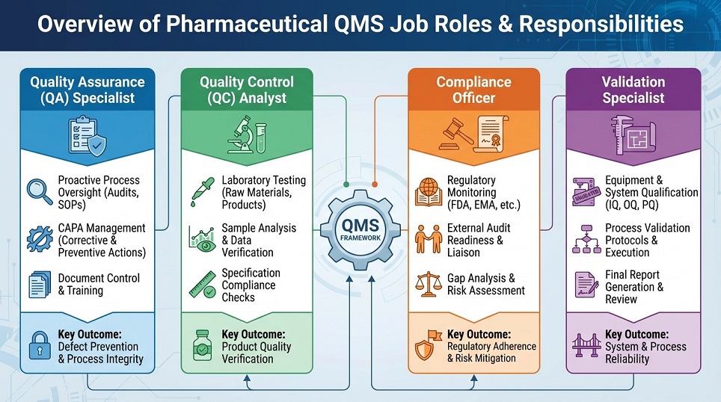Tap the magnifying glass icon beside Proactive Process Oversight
[x=38, y=192]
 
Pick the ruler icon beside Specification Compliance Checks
[x=200, y=285]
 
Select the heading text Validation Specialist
[x=633, y=89]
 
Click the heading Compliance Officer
[x=473, y=89]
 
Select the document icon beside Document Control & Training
[x=38, y=285]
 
